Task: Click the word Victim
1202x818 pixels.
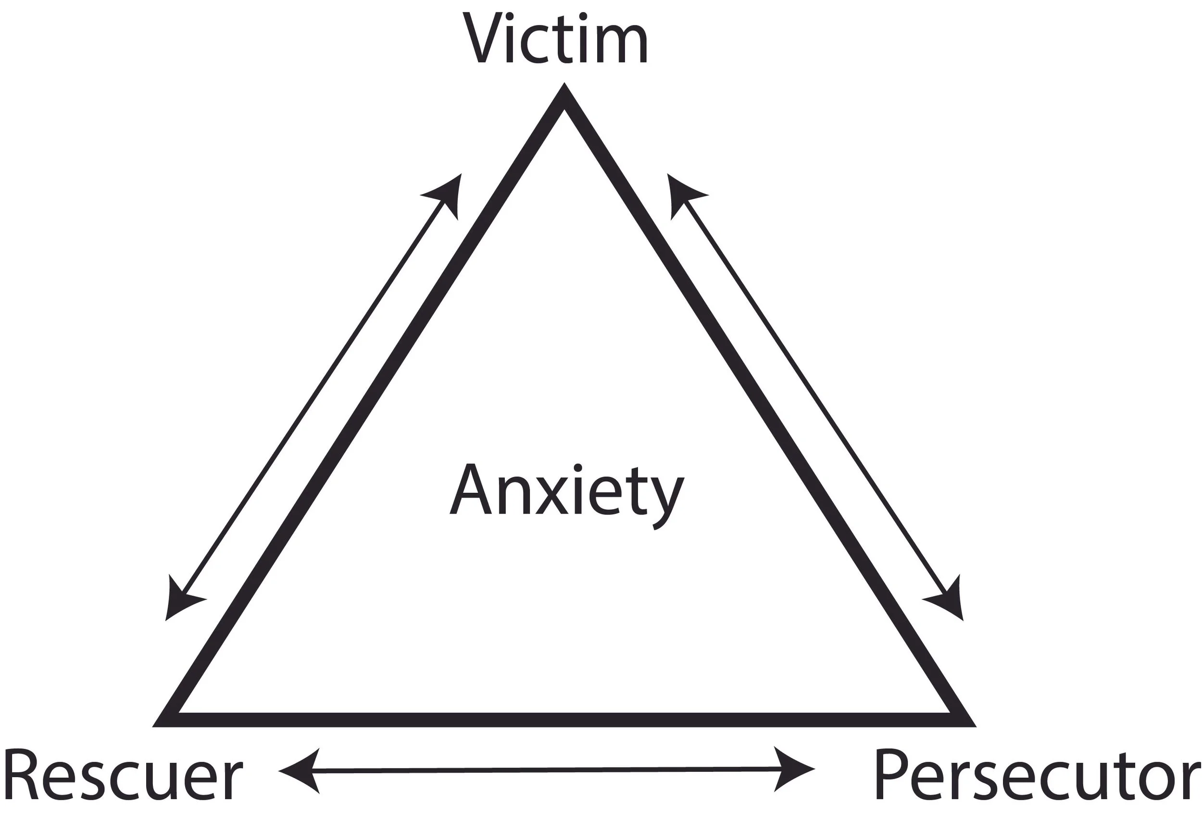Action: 555,39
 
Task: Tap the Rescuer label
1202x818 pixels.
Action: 123,776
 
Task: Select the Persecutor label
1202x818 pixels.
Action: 1037,776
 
